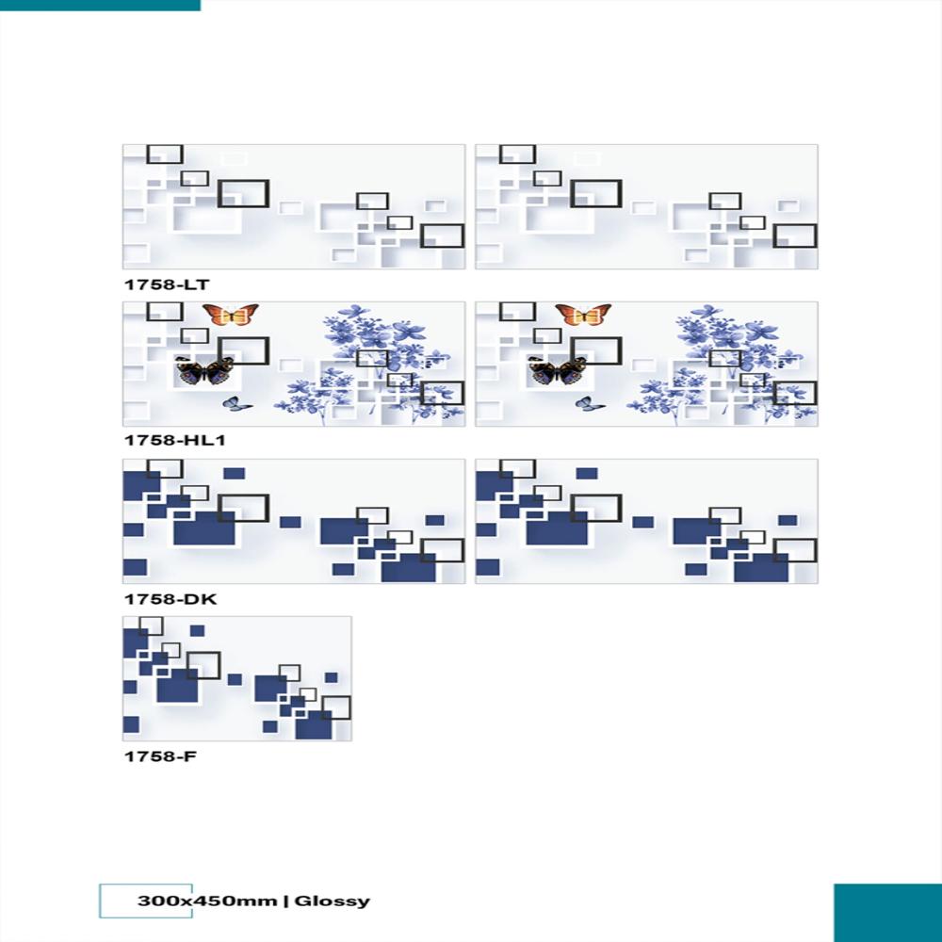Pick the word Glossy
tap(333, 901)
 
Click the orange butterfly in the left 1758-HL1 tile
tap(230, 315)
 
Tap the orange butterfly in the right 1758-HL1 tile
tap(582, 315)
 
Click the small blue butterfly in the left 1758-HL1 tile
tap(236, 404)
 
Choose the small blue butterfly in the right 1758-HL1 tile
tap(589, 404)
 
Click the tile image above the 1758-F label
tap(236, 678)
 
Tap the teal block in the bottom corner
tap(887, 912)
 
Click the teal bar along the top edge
tap(100, 5)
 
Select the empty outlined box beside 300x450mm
tap(118, 901)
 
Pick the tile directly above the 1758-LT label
tap(293, 206)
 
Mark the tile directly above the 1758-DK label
tap(293, 521)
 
